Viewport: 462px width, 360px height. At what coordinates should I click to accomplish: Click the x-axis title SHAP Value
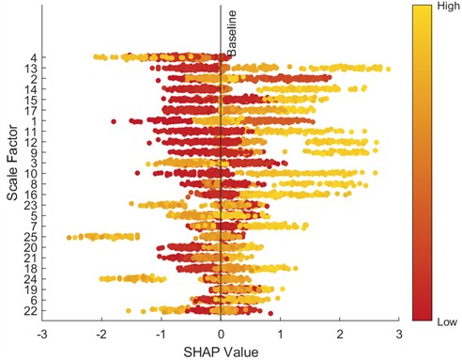click(220, 350)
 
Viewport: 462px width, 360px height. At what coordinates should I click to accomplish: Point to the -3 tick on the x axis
click(42, 333)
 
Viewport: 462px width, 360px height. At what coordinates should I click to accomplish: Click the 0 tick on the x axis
click(221, 333)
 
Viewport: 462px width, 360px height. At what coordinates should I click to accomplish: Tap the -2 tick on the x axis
click(100, 333)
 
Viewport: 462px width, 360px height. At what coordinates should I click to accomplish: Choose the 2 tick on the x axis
click(340, 333)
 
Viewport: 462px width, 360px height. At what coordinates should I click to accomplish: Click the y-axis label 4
click(33, 57)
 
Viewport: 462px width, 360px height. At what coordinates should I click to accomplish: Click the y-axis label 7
click(33, 226)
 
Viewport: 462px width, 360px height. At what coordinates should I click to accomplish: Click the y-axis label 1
click(33, 120)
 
